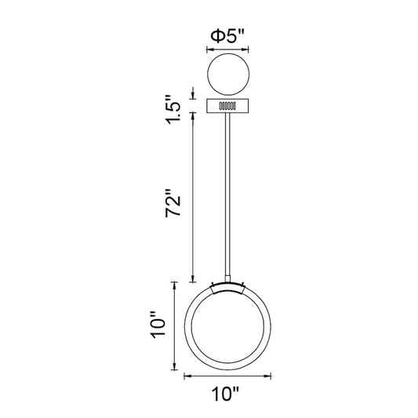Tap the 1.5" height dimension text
coord(173,109)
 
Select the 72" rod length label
coord(173,202)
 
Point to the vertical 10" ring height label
coord(159,325)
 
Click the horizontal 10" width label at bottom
coord(226,394)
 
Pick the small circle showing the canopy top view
coord(228,74)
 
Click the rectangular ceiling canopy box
coord(227,106)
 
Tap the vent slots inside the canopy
coord(227,106)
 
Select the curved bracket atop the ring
coord(227,288)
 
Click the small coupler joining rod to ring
coord(227,279)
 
